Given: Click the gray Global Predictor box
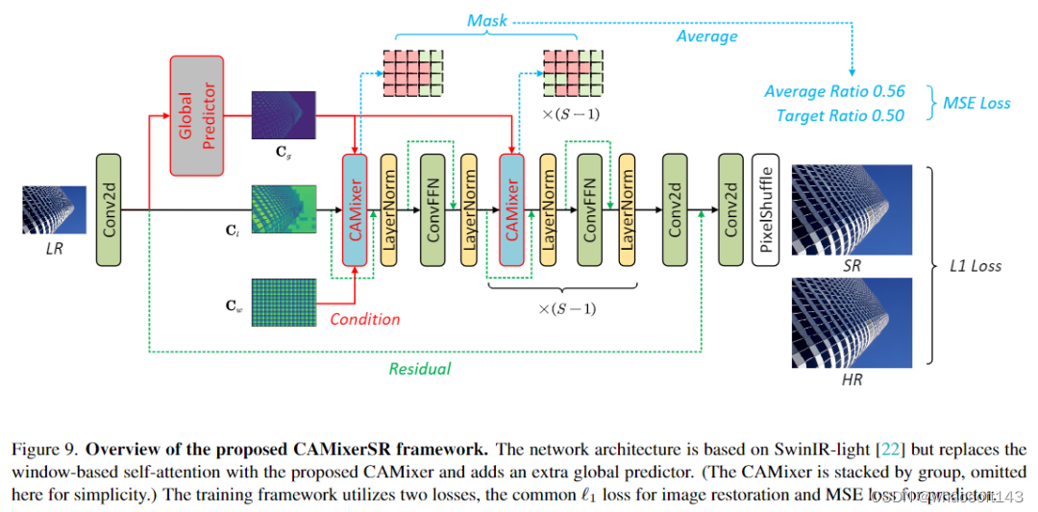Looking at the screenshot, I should click(x=197, y=115).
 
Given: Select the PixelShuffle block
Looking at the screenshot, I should click(x=766, y=208).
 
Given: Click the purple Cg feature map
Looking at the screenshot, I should click(x=284, y=115).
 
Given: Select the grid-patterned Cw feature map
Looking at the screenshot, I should click(x=284, y=303).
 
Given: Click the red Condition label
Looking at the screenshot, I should click(x=364, y=319).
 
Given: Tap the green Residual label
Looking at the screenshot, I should click(x=419, y=368).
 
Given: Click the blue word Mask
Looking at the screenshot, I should click(x=487, y=20).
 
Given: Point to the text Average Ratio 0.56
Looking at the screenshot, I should click(x=834, y=91).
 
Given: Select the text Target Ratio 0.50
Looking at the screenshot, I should click(x=840, y=115).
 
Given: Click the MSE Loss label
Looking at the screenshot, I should click(x=975, y=103).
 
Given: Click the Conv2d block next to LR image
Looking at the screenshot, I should click(x=111, y=208).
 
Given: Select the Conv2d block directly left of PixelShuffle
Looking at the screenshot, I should click(x=731, y=208).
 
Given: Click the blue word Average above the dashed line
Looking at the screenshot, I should click(x=706, y=37).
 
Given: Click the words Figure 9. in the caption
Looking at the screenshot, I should click(x=44, y=449).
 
